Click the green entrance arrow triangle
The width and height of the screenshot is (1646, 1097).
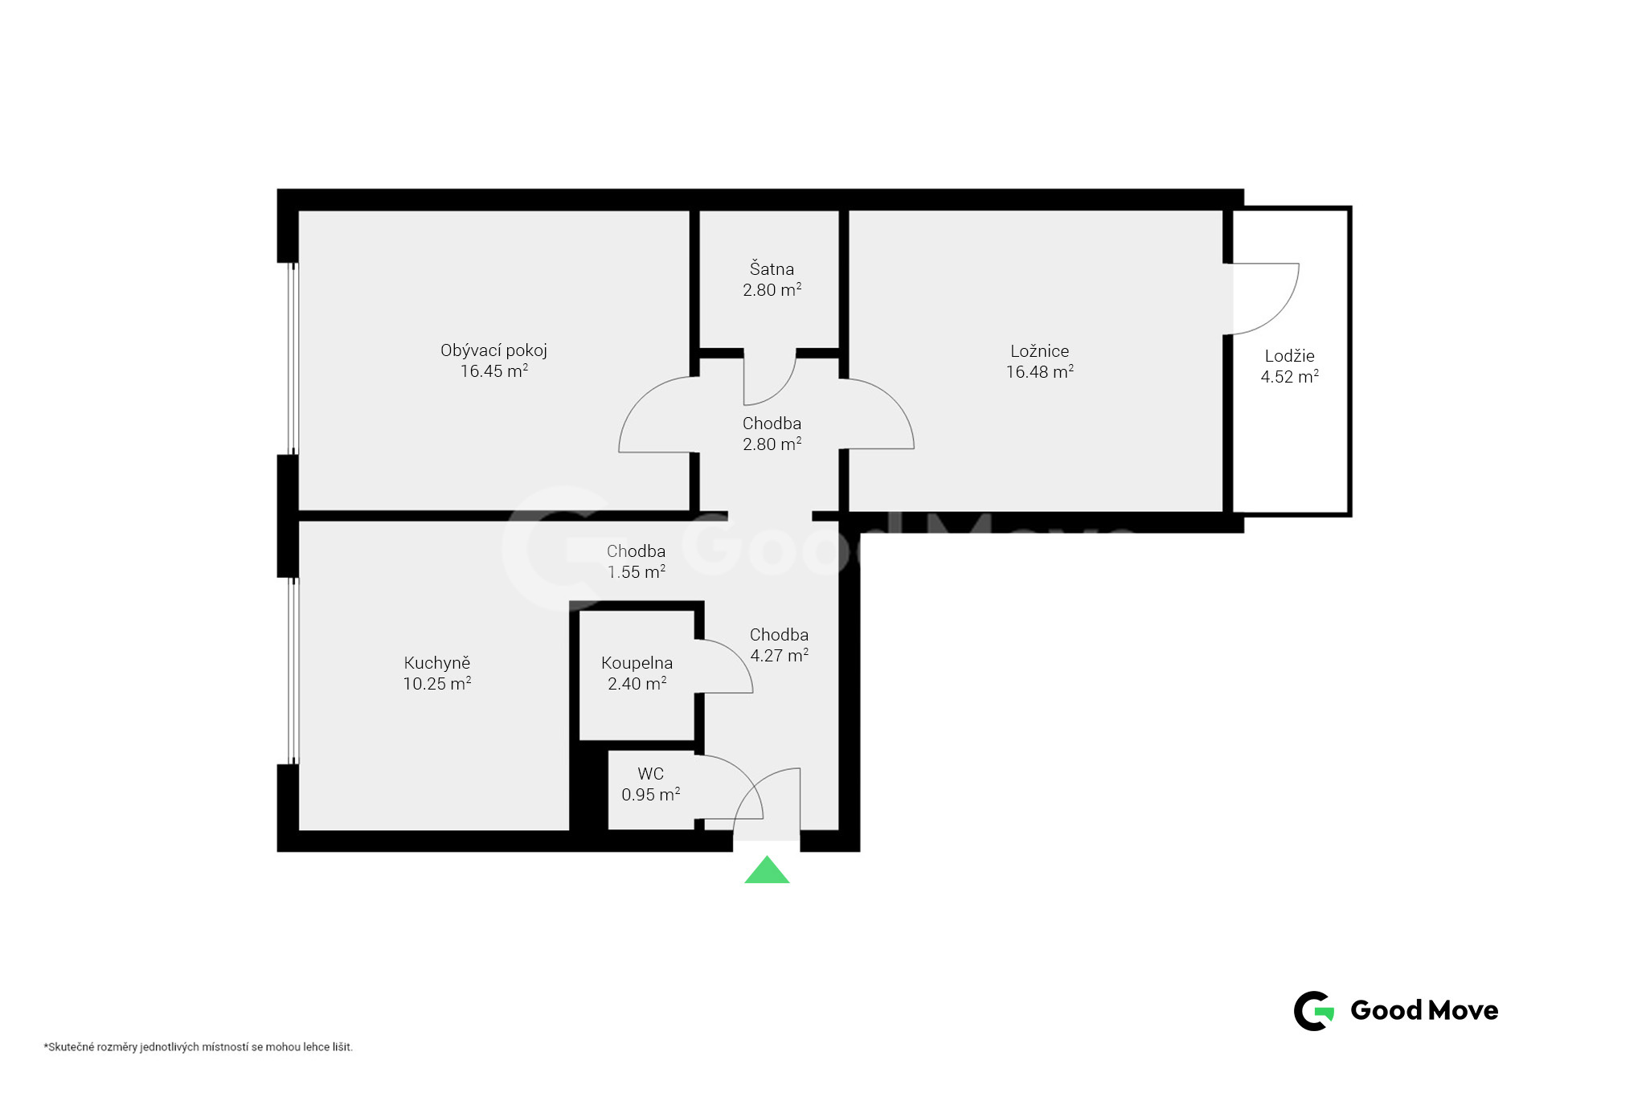(x=767, y=871)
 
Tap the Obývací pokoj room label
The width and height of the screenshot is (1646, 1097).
(x=493, y=351)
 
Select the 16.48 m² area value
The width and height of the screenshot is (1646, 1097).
(x=1040, y=371)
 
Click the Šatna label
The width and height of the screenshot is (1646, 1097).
(x=772, y=268)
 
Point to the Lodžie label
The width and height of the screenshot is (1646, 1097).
(x=1289, y=356)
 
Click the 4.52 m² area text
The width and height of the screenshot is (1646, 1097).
(x=1289, y=376)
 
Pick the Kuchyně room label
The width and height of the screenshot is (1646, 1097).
(x=436, y=663)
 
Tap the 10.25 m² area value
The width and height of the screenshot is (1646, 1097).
(x=436, y=683)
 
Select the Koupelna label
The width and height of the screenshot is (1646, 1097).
(x=637, y=663)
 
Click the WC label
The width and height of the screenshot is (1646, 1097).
(x=650, y=774)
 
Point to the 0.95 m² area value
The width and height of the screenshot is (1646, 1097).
(x=650, y=794)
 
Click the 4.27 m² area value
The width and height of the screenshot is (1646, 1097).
(x=779, y=655)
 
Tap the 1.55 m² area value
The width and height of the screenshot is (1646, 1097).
(x=636, y=571)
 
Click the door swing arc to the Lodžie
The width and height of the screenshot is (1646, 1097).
(x=1277, y=314)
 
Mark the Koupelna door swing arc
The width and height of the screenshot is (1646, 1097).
(x=737, y=656)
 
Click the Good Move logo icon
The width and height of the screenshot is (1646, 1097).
(x=1314, y=1010)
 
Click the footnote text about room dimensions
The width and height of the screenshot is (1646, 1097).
(x=199, y=1047)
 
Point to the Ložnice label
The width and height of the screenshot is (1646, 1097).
(x=1040, y=351)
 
